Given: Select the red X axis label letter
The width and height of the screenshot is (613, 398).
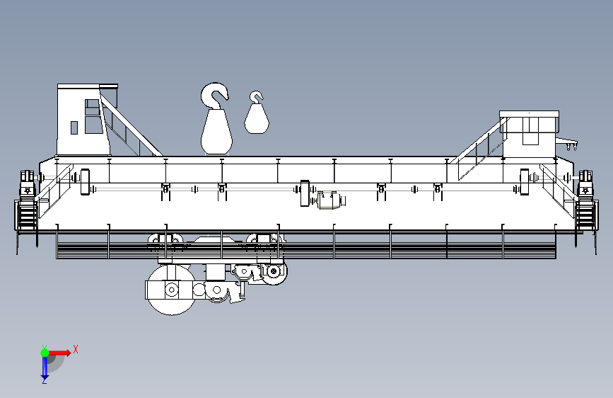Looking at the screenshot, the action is (x=75, y=349).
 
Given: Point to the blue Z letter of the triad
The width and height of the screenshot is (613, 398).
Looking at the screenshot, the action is (x=44, y=381).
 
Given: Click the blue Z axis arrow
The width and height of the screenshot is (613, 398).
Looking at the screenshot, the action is (x=45, y=367).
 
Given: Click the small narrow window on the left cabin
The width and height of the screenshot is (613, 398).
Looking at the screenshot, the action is (x=74, y=127).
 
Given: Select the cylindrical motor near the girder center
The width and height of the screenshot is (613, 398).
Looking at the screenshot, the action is (x=330, y=201).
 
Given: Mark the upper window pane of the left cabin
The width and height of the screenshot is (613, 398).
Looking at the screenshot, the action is (x=92, y=107).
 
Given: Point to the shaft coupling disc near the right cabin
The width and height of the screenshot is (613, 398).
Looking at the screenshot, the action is (x=524, y=181).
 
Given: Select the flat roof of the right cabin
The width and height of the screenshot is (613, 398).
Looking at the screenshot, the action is (x=529, y=113).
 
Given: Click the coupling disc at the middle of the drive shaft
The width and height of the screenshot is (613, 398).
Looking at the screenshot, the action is (x=305, y=193).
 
